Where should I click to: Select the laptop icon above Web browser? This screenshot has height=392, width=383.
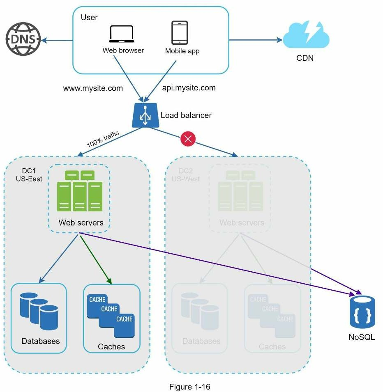[x=122, y=34]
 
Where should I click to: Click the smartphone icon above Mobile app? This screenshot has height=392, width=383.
[x=180, y=33]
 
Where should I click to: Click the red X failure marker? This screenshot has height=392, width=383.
[x=188, y=140]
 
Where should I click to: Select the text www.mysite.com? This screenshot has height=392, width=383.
[x=92, y=88]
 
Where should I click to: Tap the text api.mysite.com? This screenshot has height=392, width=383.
[x=189, y=88]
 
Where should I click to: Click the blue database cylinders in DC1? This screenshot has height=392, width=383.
[x=39, y=312]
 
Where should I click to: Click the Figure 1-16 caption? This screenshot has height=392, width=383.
[x=192, y=387]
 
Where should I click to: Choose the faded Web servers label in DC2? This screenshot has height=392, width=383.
[x=242, y=223]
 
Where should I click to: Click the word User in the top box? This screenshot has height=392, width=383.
[x=89, y=18]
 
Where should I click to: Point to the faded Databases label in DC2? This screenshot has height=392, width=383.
[x=201, y=341]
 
